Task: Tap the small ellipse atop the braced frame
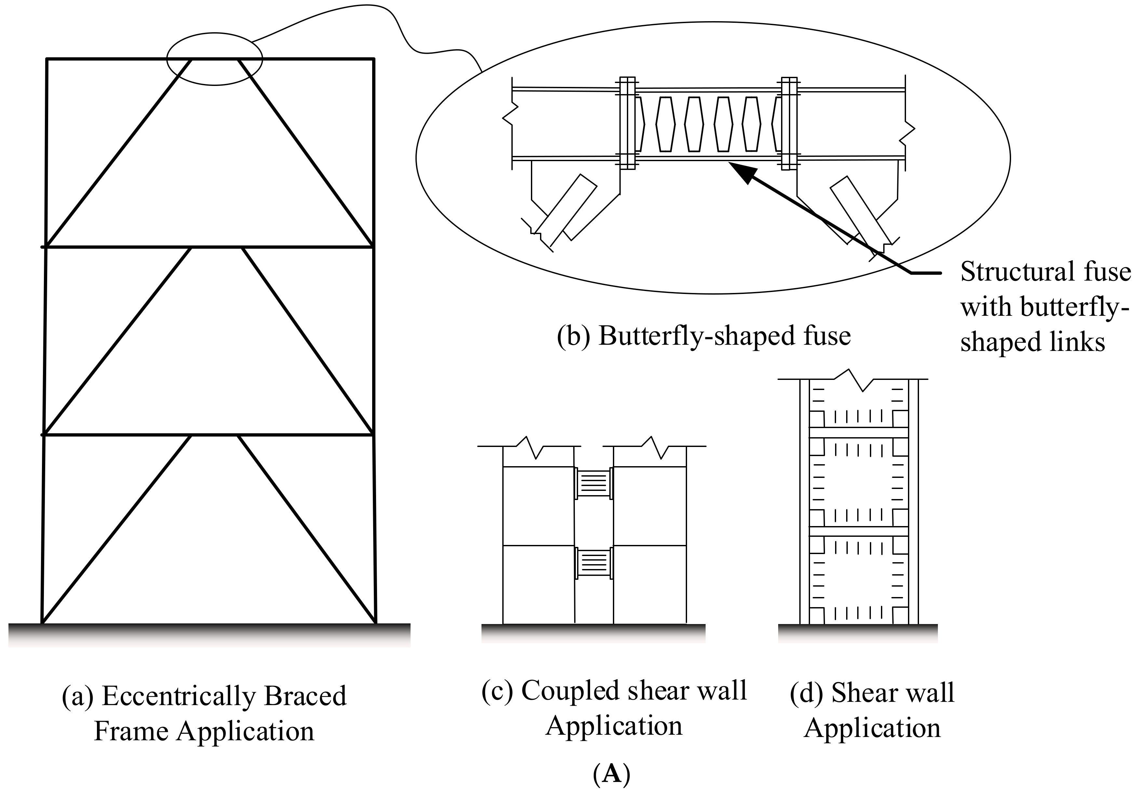214,59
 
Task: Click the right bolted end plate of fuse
789,123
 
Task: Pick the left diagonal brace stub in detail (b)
565,210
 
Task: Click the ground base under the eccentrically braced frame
209,634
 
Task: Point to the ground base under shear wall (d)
858,633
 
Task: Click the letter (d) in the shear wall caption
806,693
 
